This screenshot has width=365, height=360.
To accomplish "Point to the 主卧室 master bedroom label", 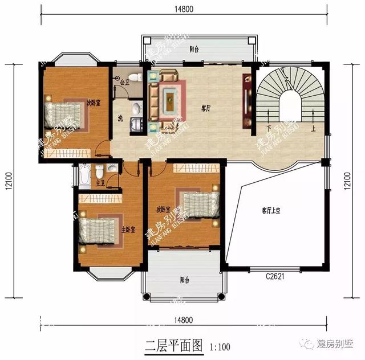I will click(128, 230).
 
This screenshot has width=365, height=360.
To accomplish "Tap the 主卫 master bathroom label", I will click(101, 183).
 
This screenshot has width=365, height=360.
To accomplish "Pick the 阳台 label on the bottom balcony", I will click(184, 280).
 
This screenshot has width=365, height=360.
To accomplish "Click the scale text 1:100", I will click(220, 346).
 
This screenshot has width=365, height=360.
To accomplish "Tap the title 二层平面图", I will click(173, 345).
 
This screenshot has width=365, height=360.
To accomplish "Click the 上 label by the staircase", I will click(313, 128).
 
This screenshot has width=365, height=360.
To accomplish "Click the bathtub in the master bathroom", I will click(84, 176).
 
